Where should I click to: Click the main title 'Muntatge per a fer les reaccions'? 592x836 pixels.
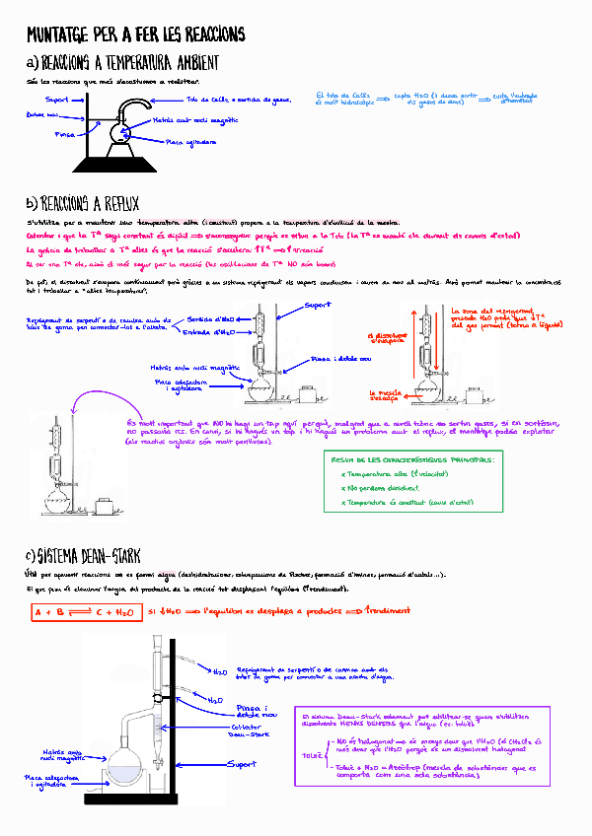click(135, 35)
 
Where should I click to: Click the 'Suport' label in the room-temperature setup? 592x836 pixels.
click(57, 100)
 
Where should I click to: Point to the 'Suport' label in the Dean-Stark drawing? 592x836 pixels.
click(242, 764)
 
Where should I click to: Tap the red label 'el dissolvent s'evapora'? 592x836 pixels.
click(381, 338)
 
